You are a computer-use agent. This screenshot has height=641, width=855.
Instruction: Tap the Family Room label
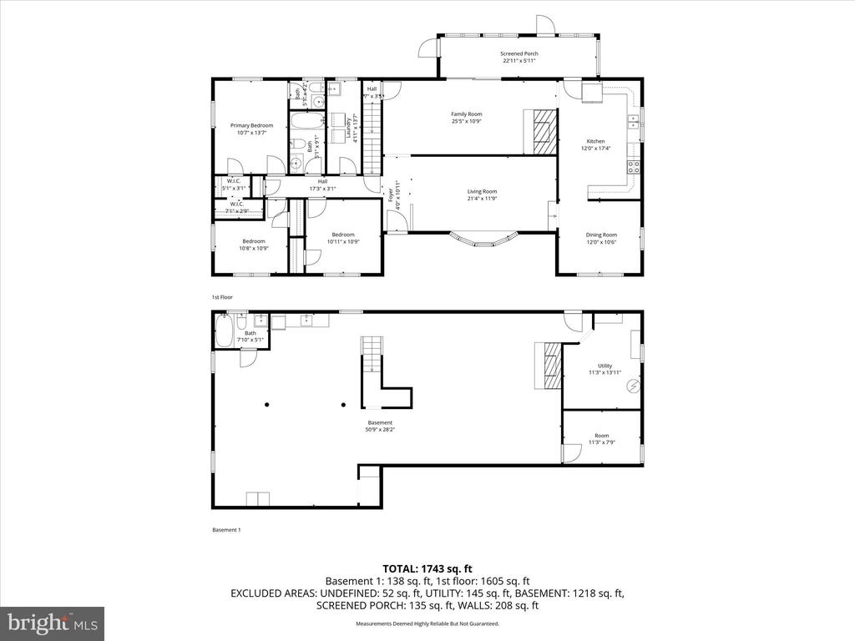(x=467, y=118)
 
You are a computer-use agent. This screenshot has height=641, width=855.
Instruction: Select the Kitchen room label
(x=595, y=145)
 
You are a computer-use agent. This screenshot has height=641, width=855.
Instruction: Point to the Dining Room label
(x=601, y=239)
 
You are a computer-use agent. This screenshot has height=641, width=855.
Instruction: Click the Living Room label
(x=482, y=195)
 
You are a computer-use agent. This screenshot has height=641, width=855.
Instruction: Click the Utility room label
(x=605, y=369)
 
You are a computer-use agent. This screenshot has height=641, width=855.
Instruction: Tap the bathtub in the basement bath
(x=223, y=332)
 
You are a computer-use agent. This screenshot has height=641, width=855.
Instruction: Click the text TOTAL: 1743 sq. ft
(x=427, y=568)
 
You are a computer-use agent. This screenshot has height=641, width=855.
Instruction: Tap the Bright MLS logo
(x=52, y=623)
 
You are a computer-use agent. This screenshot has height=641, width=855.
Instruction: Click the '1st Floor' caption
(x=222, y=297)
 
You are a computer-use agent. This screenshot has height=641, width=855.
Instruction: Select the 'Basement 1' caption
(x=226, y=530)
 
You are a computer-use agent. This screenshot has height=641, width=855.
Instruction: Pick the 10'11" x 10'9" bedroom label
(x=343, y=238)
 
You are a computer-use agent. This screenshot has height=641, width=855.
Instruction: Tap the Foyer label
(x=391, y=195)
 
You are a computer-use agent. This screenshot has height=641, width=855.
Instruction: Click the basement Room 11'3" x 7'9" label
(x=602, y=439)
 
